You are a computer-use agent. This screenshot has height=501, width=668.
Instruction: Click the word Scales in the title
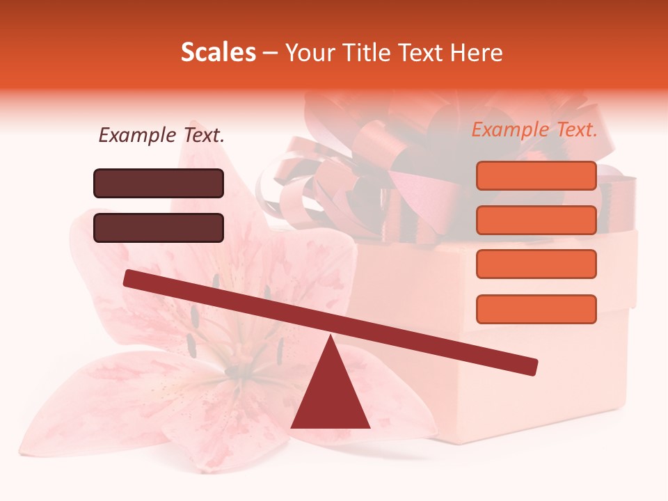[218, 52]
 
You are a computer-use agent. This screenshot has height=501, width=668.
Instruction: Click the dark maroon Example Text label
[161, 135]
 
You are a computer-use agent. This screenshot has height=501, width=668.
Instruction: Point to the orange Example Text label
[534, 129]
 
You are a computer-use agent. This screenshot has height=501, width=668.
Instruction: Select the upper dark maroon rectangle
[159, 183]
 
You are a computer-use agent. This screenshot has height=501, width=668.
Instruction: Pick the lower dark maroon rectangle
[159, 228]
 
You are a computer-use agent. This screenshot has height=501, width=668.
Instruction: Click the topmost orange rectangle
[536, 175]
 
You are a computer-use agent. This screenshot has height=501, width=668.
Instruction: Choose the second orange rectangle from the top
[536, 220]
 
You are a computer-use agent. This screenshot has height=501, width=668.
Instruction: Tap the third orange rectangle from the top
[536, 264]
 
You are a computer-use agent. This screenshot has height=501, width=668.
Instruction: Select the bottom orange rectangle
[536, 309]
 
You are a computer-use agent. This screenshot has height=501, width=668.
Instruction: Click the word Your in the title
[310, 52]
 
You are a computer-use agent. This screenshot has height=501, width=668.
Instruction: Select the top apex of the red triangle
[331, 338]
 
